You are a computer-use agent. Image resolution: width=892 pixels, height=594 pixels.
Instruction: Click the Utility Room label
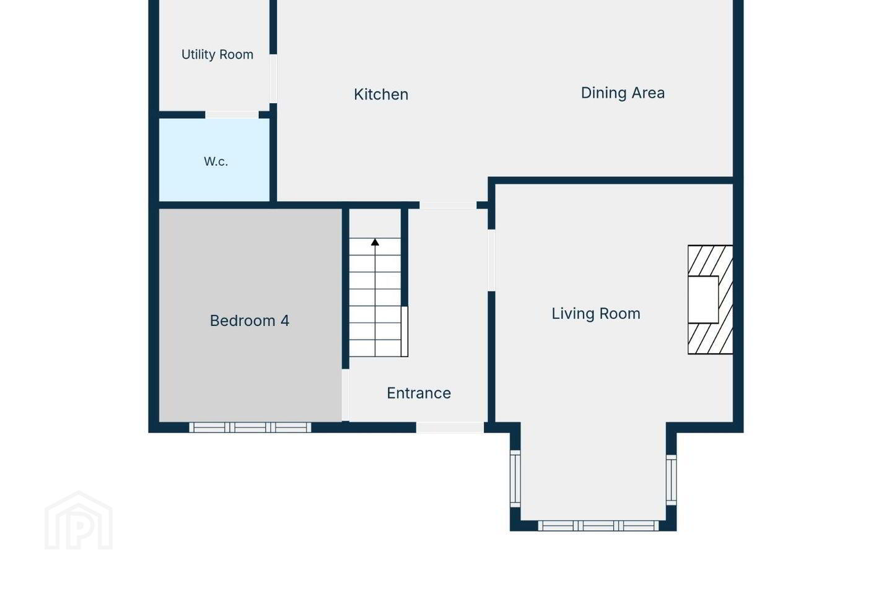pyautogui.click(x=217, y=54)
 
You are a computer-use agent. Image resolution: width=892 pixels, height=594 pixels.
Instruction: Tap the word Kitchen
pyautogui.click(x=381, y=95)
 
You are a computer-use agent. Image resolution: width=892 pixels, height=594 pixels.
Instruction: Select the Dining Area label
pyautogui.click(x=623, y=93)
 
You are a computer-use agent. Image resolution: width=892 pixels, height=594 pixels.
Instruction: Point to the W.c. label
pyautogui.click(x=216, y=161)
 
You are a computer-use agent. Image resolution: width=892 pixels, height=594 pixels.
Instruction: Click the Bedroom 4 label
pyautogui.click(x=250, y=321)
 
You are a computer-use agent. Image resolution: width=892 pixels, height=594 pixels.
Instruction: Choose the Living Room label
pyautogui.click(x=596, y=314)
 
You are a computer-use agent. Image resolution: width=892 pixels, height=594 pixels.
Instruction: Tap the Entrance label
pyautogui.click(x=419, y=393)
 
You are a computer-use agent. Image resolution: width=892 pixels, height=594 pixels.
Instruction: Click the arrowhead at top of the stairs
pyautogui.click(x=375, y=242)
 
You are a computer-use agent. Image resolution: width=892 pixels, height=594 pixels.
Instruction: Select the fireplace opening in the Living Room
pyautogui.click(x=703, y=299)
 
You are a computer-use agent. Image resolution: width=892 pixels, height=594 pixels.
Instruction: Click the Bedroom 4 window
pyautogui.click(x=250, y=428)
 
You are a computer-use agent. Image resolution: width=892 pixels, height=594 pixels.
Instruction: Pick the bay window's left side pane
pyautogui.click(x=515, y=479)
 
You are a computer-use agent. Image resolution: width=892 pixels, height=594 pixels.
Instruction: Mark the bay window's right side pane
pyautogui.click(x=671, y=480)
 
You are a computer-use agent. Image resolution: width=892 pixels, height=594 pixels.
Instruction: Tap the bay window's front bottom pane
pyautogui.click(x=598, y=525)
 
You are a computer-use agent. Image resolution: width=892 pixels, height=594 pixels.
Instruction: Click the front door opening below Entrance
pyautogui.click(x=450, y=428)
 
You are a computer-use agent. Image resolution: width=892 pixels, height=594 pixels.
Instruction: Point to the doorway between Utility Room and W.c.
pyautogui.click(x=232, y=115)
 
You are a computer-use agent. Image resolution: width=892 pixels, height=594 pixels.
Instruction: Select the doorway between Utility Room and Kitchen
pyautogui.click(x=273, y=79)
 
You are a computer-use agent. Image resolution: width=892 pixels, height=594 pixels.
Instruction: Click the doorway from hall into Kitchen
pyautogui.click(x=448, y=205)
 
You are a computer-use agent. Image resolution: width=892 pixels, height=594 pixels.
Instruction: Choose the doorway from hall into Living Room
pyautogui.click(x=491, y=260)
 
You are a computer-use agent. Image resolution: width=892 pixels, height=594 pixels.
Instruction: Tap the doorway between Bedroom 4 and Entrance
pyautogui.click(x=346, y=395)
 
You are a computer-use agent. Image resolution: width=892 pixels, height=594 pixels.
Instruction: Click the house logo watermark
pyautogui.click(x=79, y=520)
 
